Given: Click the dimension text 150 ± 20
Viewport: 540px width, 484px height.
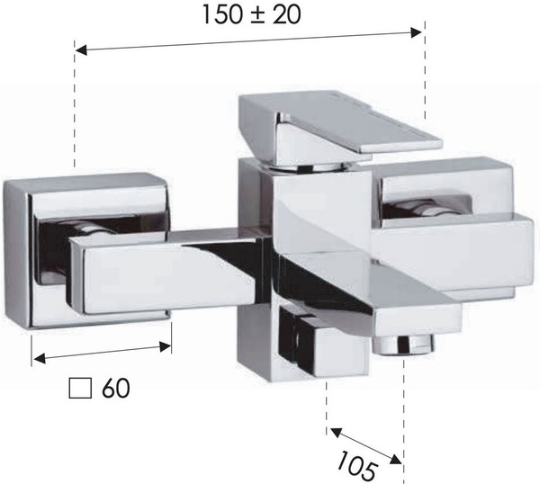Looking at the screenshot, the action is coord(252,14).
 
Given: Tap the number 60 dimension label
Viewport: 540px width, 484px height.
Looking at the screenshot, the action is coord(116,388).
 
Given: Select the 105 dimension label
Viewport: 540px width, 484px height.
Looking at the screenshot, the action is coord(356,466).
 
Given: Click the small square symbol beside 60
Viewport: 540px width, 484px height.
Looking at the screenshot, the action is coord(80,389).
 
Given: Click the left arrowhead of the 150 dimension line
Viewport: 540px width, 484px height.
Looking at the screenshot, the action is coord(81,50).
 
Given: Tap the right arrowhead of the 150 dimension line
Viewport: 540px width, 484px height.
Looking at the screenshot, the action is coord(416,32).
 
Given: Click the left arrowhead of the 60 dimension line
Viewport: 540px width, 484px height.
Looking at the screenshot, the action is coord(40,359).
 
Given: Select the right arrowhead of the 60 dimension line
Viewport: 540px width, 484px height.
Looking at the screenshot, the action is coord(166,347).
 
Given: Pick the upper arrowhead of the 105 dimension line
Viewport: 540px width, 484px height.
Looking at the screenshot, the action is coord(336,433).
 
